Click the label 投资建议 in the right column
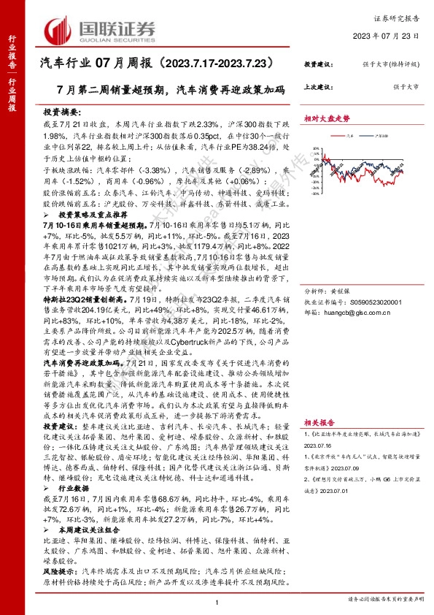pyautogui.click(x=319, y=64)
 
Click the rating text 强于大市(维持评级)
pyautogui.click(x=394, y=64)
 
